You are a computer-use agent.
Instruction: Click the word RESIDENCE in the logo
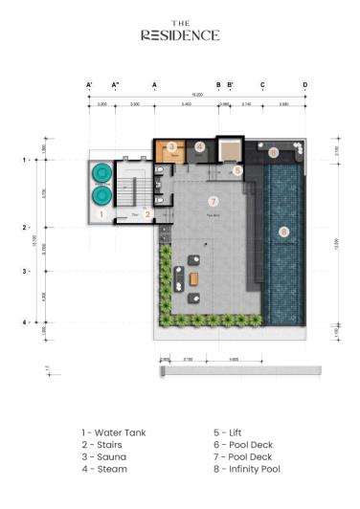180,35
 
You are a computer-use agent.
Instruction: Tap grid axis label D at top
305,85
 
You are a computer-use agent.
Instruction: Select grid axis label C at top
262,85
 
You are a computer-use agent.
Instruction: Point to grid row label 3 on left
25,272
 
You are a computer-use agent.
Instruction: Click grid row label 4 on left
25,322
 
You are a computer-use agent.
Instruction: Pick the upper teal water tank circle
101,174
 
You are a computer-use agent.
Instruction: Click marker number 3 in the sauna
171,147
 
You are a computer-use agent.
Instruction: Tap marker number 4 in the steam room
199,147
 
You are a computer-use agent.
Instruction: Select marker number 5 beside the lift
237,170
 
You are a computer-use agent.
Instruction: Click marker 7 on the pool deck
213,202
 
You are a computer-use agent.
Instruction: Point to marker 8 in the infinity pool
282,232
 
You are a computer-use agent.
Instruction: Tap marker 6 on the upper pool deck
273,152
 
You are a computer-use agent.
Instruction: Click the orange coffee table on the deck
194,277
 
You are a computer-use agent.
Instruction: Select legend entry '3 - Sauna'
103,457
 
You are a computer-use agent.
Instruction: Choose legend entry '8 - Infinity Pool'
247,470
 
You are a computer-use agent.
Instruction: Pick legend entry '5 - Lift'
228,432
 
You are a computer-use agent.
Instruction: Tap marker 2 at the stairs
147,214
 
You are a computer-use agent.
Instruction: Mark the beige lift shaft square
231,149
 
